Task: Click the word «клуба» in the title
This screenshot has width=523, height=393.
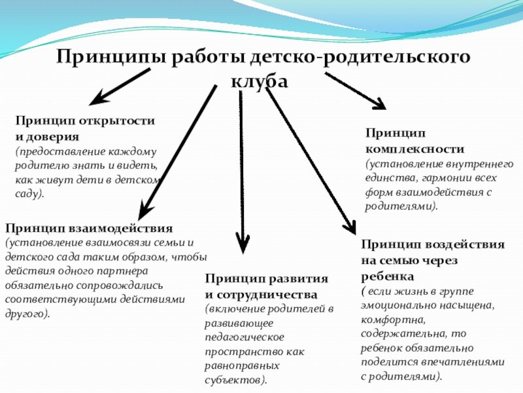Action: coord(260,83)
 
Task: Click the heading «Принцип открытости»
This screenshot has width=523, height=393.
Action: coord(85,121)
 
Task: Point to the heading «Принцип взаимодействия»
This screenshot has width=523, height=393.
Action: coord(89,229)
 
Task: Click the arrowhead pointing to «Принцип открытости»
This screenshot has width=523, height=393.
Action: coord(97,100)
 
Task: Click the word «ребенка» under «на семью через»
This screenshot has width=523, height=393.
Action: coord(384,275)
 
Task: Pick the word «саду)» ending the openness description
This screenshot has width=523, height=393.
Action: coord(30,195)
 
